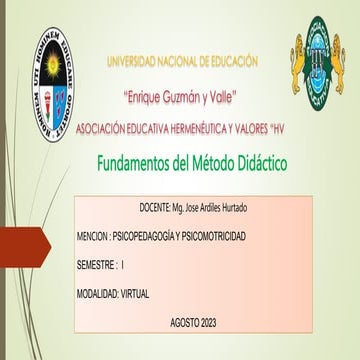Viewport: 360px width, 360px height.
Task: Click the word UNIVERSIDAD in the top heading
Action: [x=135, y=62]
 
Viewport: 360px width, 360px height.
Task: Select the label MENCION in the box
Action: [x=92, y=235]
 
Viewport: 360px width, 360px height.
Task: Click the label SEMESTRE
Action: [x=95, y=264]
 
